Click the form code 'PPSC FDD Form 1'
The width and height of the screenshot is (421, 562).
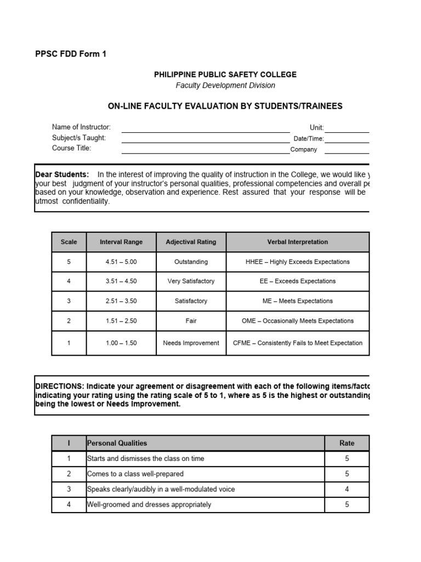click(71, 54)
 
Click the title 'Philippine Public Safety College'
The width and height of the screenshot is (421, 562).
click(225, 75)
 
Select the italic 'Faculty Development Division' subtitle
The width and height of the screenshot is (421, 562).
click(225, 85)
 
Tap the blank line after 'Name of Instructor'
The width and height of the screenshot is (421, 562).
click(206, 129)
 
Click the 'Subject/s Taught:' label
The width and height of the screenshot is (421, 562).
click(79, 138)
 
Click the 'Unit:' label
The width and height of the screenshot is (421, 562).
click(316, 127)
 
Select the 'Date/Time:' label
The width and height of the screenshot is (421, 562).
click(308, 139)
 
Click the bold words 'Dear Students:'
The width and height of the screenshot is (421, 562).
click(62, 175)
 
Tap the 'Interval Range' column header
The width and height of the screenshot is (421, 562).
click(121, 242)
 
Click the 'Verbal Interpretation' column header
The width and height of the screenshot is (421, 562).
click(298, 242)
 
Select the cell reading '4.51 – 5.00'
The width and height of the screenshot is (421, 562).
click(121, 262)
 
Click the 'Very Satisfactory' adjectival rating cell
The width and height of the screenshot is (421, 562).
click(191, 281)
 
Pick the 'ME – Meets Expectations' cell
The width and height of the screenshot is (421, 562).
click(298, 301)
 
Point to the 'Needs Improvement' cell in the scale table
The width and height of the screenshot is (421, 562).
click(191, 343)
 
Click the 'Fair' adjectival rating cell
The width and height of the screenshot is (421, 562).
click(191, 321)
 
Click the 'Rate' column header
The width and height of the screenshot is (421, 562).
click(346, 443)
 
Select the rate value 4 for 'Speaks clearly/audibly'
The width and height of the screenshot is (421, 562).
click(346, 489)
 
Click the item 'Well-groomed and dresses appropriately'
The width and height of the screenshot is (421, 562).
click(149, 504)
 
